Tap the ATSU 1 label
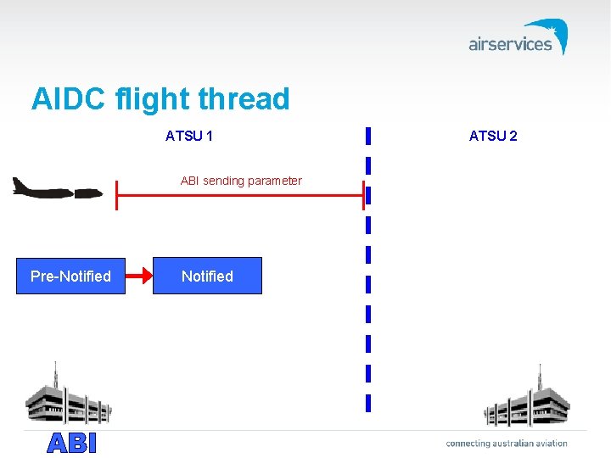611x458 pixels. click(x=188, y=136)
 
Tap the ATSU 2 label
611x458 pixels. click(x=493, y=136)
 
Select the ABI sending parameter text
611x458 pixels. click(x=241, y=181)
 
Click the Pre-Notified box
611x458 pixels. click(x=70, y=276)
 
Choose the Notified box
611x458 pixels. click(x=207, y=276)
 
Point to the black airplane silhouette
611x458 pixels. click(x=56, y=189)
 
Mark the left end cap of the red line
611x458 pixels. click(x=117, y=196)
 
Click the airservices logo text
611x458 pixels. click(x=509, y=44)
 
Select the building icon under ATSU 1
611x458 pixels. click(x=68, y=400)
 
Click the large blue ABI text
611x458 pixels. click(x=72, y=443)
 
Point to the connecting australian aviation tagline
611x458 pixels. click(x=507, y=443)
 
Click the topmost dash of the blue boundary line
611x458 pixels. click(x=367, y=135)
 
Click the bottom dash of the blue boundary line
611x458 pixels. click(x=367, y=402)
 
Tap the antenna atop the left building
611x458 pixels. click(x=55, y=373)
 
